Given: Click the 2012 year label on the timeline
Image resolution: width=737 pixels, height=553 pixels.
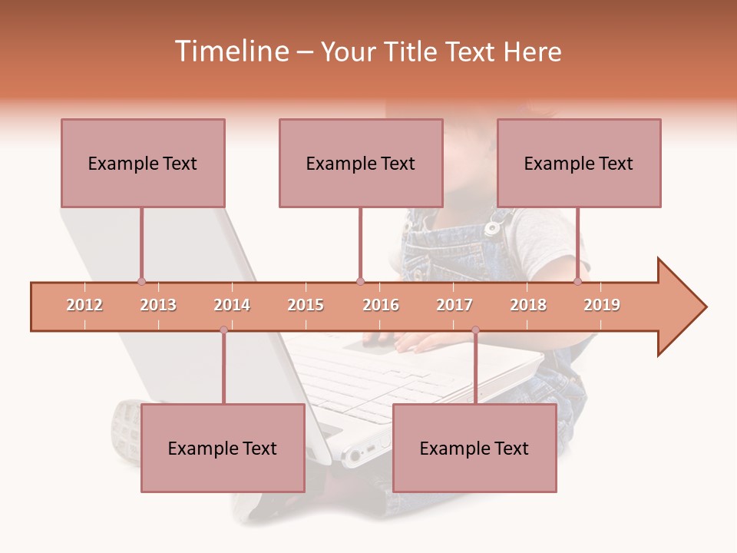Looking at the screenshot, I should (84, 305).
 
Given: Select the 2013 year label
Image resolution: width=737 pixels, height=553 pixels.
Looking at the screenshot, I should (158, 305).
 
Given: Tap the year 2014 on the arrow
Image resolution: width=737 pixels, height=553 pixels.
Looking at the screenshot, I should (232, 305).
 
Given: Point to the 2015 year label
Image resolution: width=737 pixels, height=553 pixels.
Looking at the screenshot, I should (306, 305).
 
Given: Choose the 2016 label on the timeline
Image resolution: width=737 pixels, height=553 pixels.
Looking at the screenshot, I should (381, 305).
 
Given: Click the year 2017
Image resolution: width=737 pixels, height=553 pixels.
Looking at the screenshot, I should (454, 305).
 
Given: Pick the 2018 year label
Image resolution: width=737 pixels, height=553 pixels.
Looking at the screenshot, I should (528, 305).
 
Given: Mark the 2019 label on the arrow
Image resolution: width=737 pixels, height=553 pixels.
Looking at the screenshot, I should (602, 305).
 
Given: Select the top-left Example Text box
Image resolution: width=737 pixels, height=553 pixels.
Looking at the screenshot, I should (143, 163).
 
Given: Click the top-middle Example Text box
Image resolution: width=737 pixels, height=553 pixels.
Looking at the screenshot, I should (361, 163).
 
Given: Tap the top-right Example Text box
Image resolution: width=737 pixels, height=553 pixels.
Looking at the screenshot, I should (579, 163).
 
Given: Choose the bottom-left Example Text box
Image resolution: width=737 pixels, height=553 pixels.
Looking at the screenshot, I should (223, 448).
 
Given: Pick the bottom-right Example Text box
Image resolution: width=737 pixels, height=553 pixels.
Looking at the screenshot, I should (474, 448).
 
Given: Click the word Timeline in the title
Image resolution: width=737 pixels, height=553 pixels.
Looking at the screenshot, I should (230, 51).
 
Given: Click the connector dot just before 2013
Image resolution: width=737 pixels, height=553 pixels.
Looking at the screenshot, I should (141, 281).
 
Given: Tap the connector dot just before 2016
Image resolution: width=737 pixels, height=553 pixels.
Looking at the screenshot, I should (360, 281).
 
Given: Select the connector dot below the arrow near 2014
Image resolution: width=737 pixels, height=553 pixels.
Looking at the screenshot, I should (223, 330).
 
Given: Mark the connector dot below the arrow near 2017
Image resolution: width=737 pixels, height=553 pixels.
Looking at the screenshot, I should (475, 330).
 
